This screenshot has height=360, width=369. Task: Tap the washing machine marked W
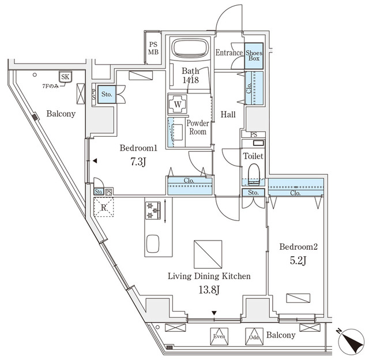pos(176,105)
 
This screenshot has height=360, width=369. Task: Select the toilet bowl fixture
pos(253,173)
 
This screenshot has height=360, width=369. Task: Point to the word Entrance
pos(229,53)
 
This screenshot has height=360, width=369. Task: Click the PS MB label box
pos(153,48)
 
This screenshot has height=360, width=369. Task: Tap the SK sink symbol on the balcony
pos(64,76)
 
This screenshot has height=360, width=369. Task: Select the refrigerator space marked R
pos(104,207)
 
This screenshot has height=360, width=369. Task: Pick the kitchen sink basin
pos(153,243)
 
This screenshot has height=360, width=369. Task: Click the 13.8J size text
pos(209,290)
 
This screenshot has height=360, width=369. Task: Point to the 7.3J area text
pos(138,162)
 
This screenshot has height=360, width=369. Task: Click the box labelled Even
pos(219,336)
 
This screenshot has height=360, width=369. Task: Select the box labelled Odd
pos(253,336)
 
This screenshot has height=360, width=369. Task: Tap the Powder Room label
pos(197,127)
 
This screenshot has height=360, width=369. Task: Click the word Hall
pos(228,115)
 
